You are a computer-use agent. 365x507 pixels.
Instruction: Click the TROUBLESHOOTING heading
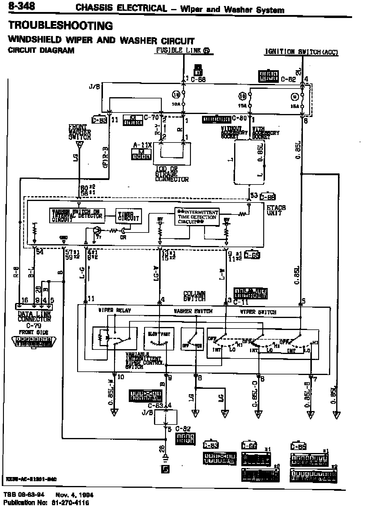[61, 25]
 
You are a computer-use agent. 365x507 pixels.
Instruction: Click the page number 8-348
[22, 7]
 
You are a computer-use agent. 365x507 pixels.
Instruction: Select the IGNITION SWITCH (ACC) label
[301, 52]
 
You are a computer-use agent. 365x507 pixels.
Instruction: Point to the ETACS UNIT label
[276, 210]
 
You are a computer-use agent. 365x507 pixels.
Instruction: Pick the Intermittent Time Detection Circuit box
[197, 217]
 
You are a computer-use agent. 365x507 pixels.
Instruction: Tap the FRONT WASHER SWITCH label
[80, 132]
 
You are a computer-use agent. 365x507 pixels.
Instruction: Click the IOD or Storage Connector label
[172, 174]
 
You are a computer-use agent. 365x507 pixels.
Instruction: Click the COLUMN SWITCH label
[195, 296]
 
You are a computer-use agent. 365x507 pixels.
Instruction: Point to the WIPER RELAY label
[115, 310]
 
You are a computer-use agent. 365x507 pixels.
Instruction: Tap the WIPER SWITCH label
[258, 312]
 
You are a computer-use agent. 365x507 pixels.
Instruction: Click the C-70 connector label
[151, 117]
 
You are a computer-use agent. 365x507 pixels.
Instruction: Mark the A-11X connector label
[142, 145]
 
